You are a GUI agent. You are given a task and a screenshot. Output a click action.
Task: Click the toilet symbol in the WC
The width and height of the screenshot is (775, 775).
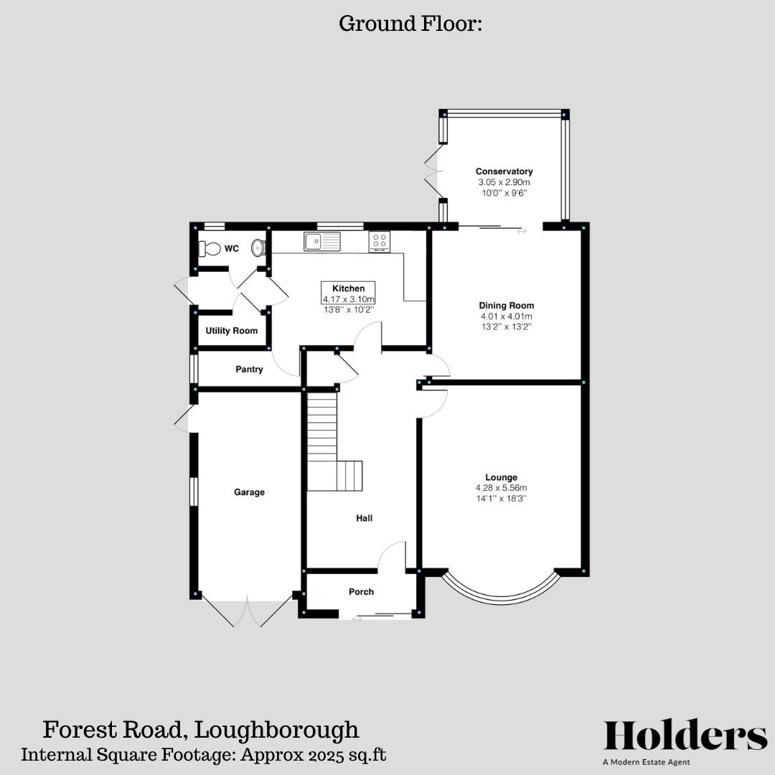pos(210,248)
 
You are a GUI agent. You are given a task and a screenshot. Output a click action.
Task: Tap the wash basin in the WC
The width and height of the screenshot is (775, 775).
pos(258,248)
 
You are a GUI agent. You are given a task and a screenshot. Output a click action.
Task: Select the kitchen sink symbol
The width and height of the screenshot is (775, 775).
pos(321,242)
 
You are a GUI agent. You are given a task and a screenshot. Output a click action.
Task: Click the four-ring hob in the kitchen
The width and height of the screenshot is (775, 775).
pos(380,242)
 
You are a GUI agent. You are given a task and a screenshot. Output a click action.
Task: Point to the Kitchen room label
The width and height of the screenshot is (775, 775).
pos(348,288)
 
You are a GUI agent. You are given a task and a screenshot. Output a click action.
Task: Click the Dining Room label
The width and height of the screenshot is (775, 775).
pos(507,306)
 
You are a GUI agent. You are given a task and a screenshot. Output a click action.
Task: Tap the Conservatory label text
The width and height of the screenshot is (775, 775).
pos(504,172)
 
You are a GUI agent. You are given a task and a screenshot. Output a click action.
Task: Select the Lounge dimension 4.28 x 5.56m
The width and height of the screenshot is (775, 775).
pos(501,488)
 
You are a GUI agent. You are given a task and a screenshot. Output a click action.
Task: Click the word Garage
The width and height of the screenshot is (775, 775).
pos(249,492)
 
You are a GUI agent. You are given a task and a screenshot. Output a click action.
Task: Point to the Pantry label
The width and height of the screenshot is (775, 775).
pos(249,370)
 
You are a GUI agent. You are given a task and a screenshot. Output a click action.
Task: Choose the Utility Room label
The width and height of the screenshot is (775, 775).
pos(231,331)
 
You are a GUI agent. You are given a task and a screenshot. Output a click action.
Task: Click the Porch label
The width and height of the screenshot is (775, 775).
pos(361,592)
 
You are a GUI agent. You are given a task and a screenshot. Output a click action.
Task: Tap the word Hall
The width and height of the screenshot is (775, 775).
pos(365,518)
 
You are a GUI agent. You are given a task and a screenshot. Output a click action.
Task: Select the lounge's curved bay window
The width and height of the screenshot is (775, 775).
pos(500,592)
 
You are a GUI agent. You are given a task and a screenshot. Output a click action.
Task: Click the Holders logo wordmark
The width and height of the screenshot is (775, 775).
pos(685,736)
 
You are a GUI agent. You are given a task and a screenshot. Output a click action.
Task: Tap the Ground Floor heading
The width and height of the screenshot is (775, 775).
pos(410,24)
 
